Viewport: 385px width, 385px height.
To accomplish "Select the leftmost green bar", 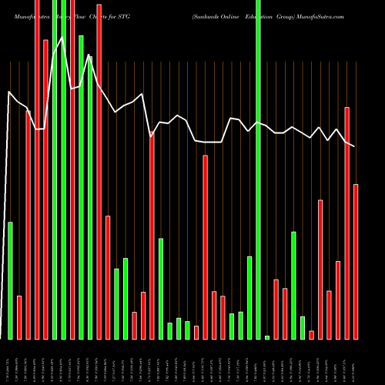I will click(x=11, y=280).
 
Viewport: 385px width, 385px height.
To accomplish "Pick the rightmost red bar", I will click(x=356, y=262).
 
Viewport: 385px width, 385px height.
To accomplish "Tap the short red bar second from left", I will click(x=19, y=317).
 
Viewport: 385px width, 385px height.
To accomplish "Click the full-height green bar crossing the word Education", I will click(x=259, y=169).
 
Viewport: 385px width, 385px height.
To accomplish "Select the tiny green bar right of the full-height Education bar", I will click(x=267, y=337).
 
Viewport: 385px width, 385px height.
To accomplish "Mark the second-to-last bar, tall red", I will click(x=347, y=223).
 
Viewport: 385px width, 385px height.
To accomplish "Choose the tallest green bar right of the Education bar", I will click(x=293, y=285).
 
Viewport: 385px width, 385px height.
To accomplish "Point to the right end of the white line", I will click(x=355, y=146).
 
